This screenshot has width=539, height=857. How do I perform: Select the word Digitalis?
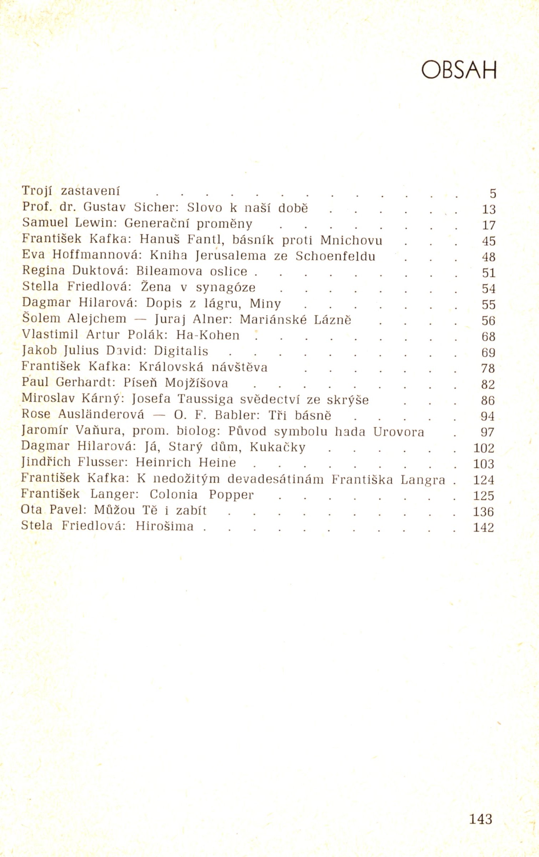(x=181, y=351)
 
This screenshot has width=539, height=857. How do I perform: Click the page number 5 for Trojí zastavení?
(x=493, y=193)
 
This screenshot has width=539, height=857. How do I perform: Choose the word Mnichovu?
(x=351, y=240)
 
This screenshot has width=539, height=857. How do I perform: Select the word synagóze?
(x=226, y=288)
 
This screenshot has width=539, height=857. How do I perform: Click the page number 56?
(x=488, y=321)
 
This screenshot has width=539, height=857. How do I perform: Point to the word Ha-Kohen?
(x=208, y=335)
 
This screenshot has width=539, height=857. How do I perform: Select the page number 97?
(x=487, y=432)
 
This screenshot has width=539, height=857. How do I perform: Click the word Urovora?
(x=399, y=432)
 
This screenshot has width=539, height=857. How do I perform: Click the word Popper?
(x=231, y=495)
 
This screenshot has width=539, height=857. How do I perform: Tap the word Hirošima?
(x=165, y=526)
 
